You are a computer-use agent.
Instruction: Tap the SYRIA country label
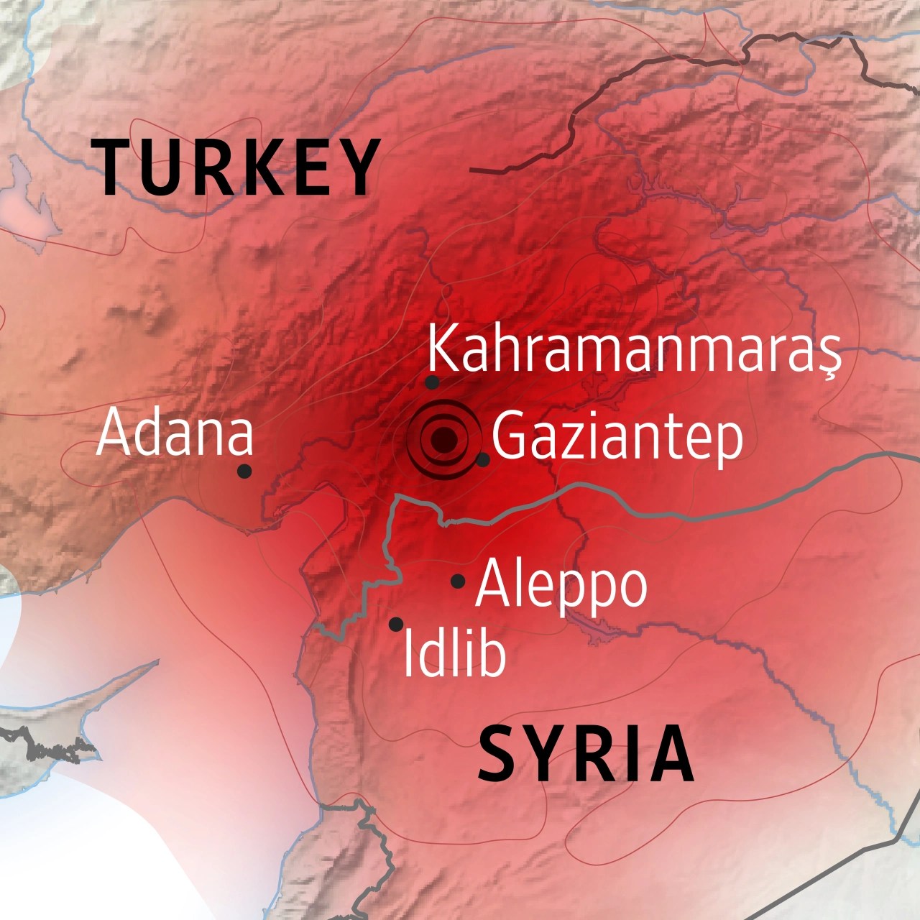586,755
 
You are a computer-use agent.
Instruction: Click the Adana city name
175,433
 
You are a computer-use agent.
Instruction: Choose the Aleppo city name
561,584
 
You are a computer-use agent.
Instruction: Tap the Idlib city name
454,653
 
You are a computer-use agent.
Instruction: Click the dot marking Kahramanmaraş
432,382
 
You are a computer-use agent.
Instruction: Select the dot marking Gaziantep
483,459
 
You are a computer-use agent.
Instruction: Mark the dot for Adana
244,471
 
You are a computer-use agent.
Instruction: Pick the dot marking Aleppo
458,581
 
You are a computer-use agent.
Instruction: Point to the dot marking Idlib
396,624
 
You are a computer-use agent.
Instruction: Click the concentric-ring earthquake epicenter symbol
443,440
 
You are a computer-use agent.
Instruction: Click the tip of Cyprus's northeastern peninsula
155,662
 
